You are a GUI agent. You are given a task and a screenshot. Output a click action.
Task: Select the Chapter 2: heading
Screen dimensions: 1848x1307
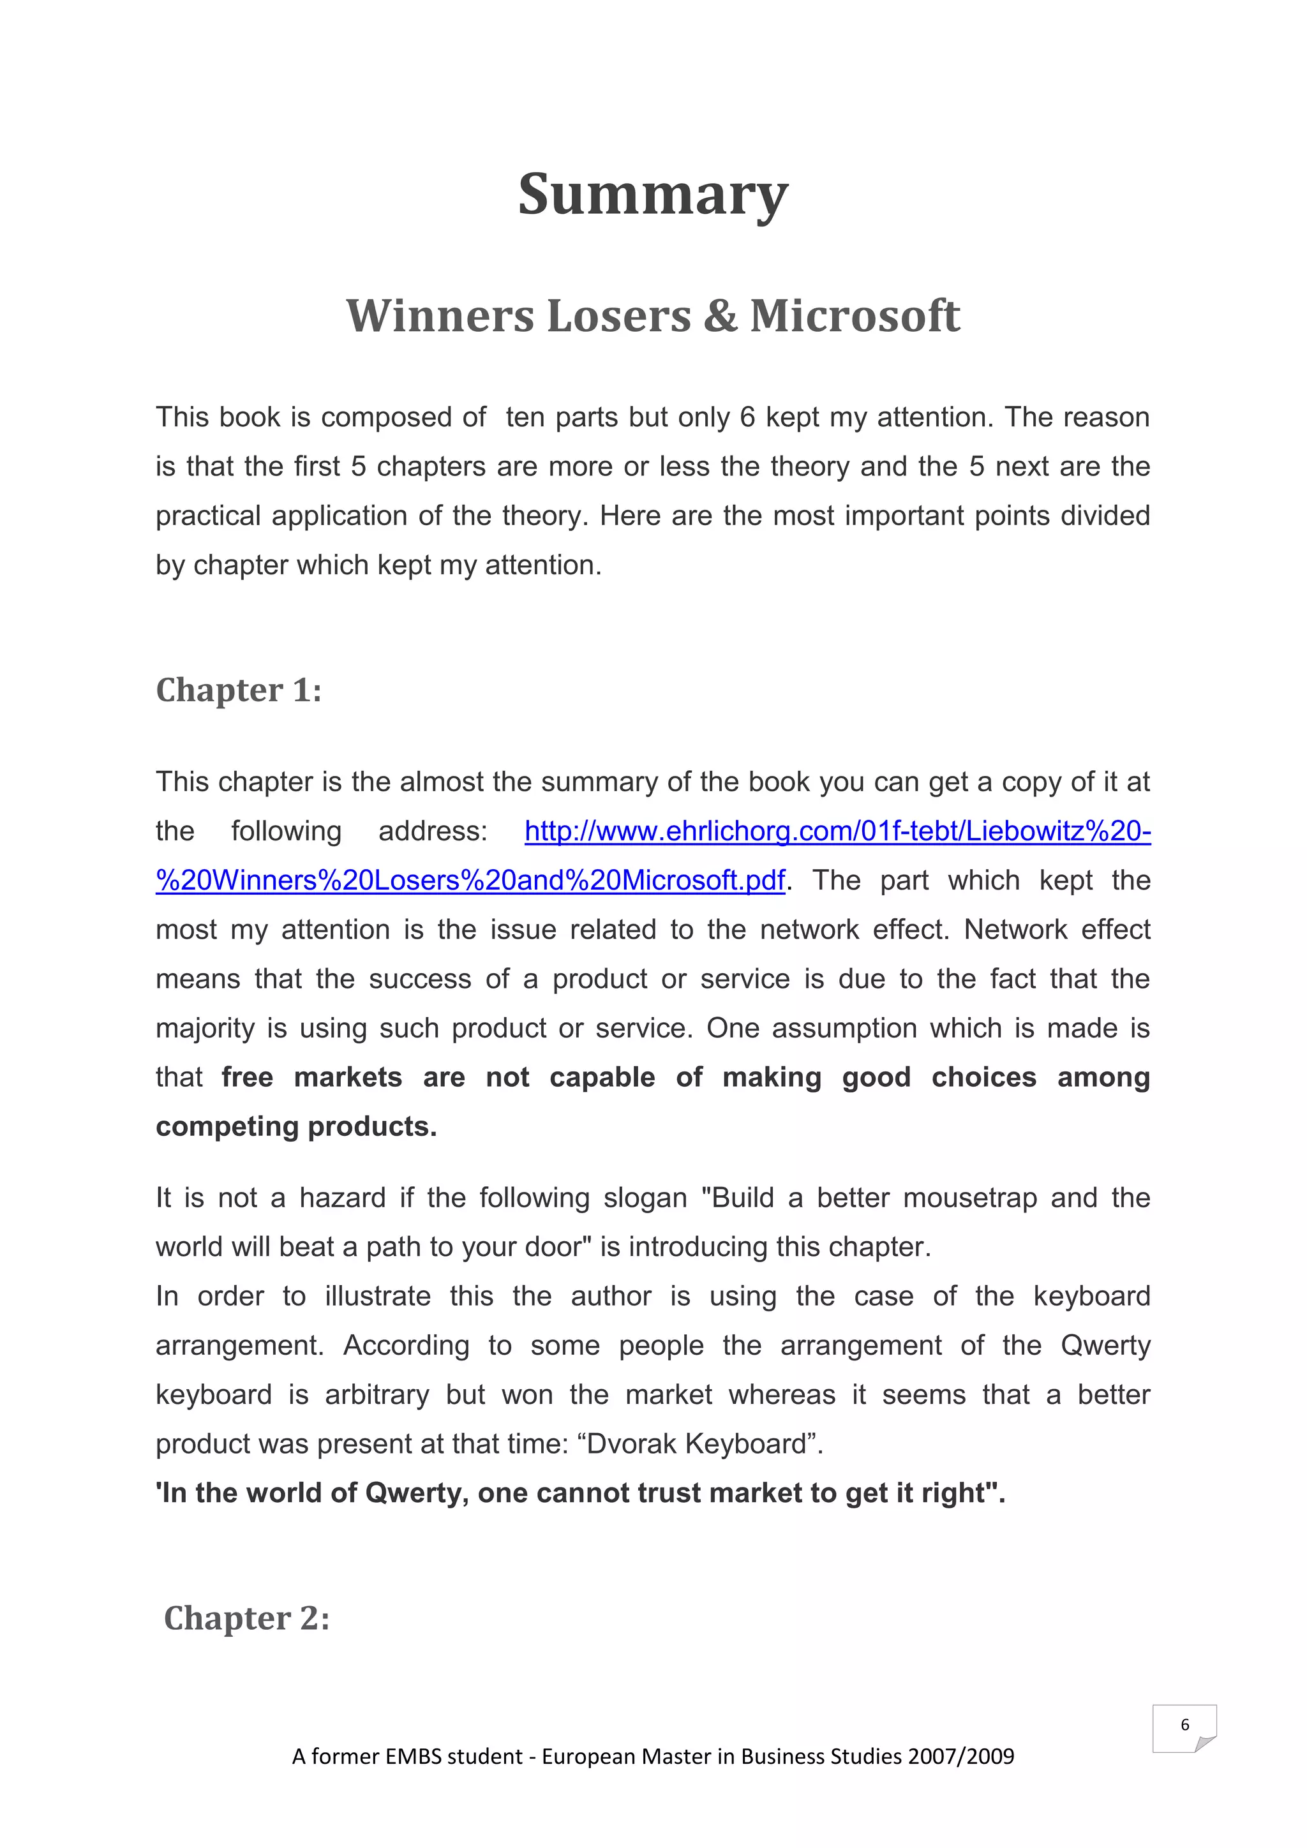coord(247,1618)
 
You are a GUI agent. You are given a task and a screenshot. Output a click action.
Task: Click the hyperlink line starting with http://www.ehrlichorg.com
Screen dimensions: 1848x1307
coord(837,831)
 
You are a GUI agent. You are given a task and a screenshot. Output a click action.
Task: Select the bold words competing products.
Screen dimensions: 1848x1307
coord(295,1126)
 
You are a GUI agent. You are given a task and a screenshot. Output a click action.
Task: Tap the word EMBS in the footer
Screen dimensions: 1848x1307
coord(413,1756)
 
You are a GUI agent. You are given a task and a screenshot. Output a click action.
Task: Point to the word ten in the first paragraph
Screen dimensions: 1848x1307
coord(525,417)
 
